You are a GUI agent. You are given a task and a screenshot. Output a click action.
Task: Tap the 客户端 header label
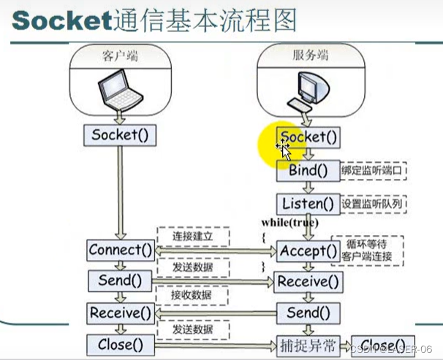(x=119, y=55)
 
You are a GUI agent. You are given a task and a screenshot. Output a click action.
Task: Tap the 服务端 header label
(x=308, y=55)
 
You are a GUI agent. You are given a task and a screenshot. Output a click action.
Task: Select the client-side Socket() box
(x=118, y=135)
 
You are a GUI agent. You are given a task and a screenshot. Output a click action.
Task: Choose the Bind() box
(x=308, y=171)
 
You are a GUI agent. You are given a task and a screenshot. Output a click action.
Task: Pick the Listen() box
(x=308, y=204)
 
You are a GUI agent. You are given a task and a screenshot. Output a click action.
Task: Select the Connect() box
(x=120, y=250)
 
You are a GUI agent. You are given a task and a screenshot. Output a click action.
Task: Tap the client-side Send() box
(x=120, y=280)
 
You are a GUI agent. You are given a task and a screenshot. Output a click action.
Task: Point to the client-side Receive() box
(x=120, y=313)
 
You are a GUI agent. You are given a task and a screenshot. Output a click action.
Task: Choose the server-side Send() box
(x=308, y=313)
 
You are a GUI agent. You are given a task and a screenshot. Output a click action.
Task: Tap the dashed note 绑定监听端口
(x=374, y=170)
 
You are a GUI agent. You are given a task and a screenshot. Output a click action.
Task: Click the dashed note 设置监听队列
(x=374, y=204)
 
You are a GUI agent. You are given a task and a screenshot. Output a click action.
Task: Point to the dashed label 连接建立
(x=193, y=237)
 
